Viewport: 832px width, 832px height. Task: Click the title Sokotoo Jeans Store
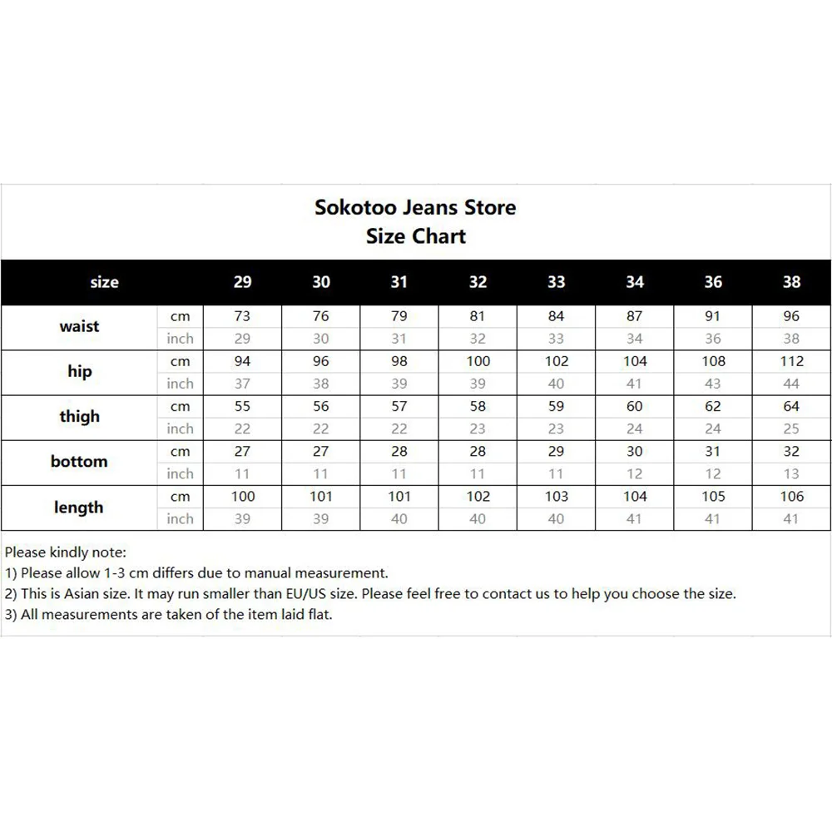point(415,207)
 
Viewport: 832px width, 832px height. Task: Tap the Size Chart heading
point(415,236)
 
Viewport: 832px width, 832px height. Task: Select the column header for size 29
point(242,282)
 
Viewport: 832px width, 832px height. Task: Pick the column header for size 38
point(791,282)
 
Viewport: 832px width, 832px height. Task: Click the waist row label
point(79,327)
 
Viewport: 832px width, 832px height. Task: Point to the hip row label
point(79,372)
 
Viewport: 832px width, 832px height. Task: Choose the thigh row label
point(79,417)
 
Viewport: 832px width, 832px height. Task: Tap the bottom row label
point(79,462)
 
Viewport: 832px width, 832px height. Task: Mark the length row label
point(79,508)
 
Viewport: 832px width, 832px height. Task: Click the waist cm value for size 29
point(242,316)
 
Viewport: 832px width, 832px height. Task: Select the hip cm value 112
point(791,361)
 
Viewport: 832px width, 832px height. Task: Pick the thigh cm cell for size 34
point(635,406)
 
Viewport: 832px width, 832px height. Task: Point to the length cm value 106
point(791,497)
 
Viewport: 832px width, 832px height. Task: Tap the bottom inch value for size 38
point(791,474)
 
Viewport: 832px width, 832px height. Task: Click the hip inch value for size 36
point(713,384)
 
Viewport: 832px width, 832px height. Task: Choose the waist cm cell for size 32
point(478,316)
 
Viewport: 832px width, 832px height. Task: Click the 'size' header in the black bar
point(104,282)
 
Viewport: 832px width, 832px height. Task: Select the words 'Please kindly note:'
point(66,552)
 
